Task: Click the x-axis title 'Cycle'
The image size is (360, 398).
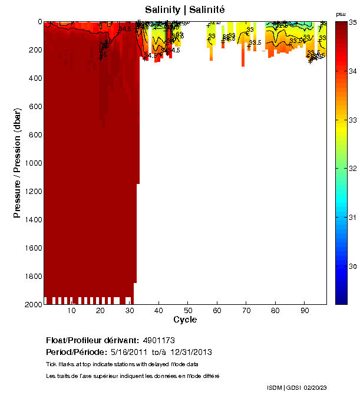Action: pos(185,320)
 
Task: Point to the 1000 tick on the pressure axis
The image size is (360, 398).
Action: pos(32,163)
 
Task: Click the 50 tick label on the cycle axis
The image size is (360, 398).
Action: pos(187,311)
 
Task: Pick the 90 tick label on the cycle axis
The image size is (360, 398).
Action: pos(303,311)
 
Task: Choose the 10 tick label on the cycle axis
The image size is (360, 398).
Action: pos(71,311)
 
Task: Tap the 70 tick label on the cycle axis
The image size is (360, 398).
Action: pos(246,311)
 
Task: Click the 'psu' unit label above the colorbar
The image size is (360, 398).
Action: pos(341,14)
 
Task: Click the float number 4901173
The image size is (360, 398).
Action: pos(158,341)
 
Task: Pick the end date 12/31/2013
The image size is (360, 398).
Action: pos(191,352)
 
